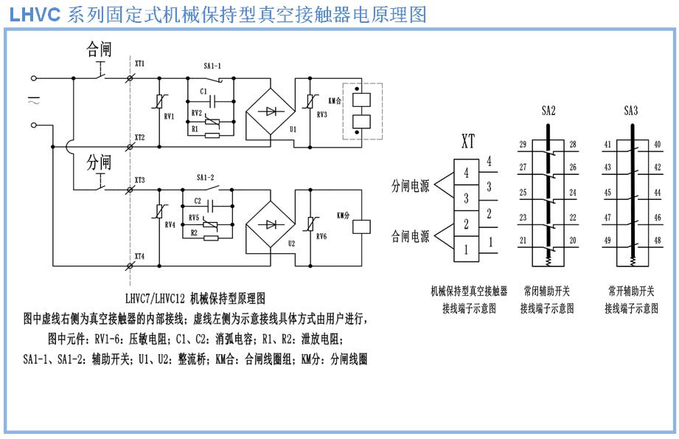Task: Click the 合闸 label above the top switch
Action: tap(99, 49)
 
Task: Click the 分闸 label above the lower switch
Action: tap(99, 162)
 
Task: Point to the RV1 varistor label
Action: tap(169, 116)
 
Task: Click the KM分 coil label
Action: tap(343, 215)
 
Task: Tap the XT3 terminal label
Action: tap(139, 180)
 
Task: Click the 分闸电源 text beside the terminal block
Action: tap(410, 187)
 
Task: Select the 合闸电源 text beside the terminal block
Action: tap(410, 237)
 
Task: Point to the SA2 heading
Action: tap(549, 111)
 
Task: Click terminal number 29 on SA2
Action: tap(523, 144)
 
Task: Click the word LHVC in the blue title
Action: tap(35, 14)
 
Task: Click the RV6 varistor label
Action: tap(321, 237)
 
